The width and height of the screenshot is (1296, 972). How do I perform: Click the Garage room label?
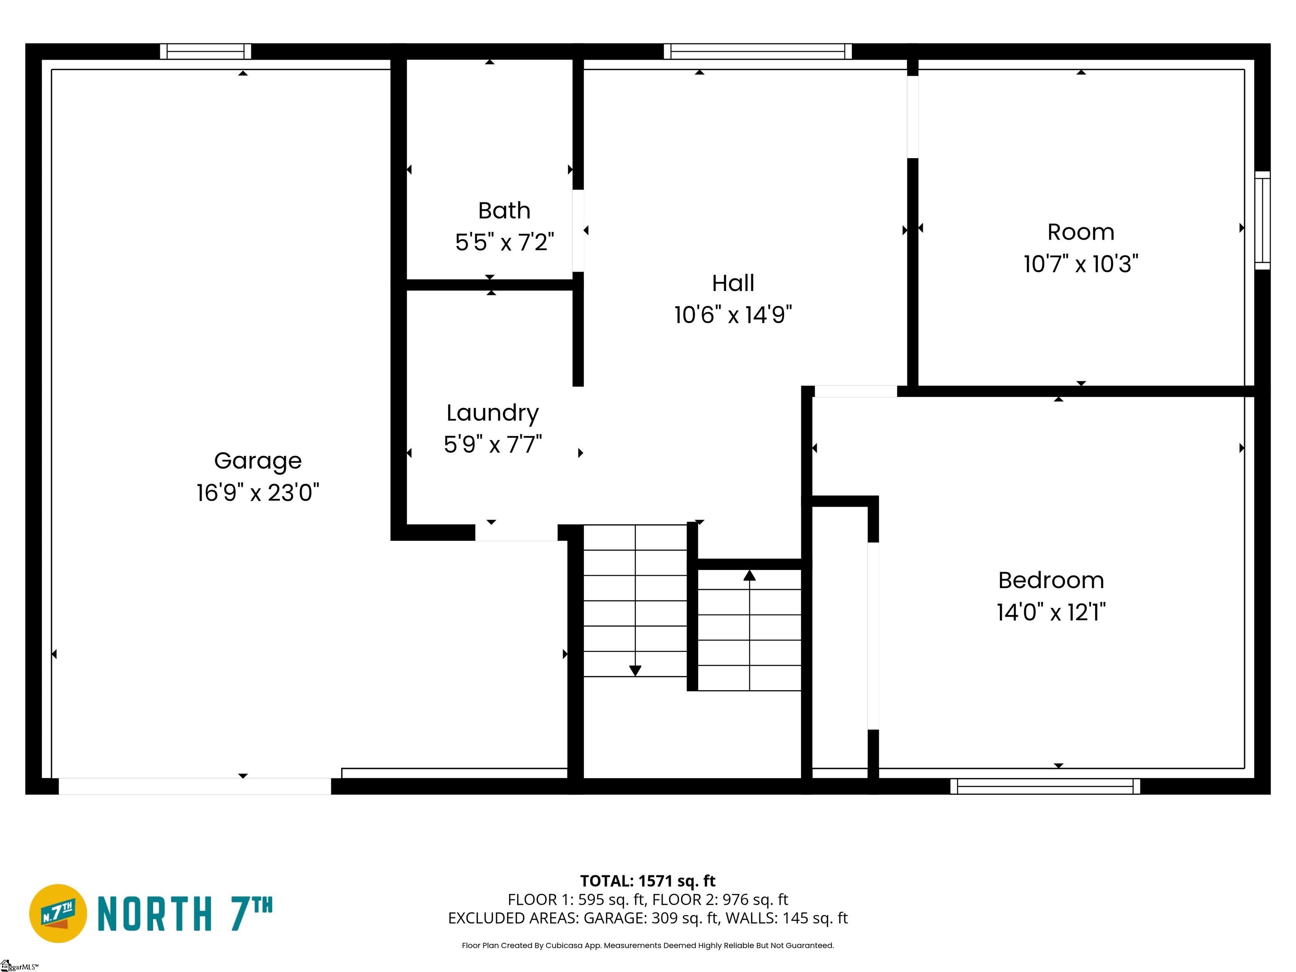click(x=258, y=461)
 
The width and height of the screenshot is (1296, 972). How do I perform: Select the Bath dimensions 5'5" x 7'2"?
click(x=505, y=242)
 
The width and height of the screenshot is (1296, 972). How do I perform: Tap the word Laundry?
click(x=492, y=413)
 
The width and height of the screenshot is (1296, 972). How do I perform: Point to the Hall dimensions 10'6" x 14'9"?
click(x=733, y=315)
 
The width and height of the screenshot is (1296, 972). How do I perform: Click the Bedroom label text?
click(x=1051, y=580)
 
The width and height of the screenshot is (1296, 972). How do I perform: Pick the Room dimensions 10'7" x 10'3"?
click(x=1081, y=264)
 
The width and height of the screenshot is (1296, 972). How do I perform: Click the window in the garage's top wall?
click(x=205, y=51)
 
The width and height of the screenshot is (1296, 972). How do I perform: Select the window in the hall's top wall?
click(x=758, y=51)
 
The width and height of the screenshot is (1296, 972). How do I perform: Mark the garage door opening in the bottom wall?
click(x=194, y=786)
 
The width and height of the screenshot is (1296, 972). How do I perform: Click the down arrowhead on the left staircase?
click(x=635, y=671)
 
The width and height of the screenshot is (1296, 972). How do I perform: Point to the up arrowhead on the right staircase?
click(x=749, y=575)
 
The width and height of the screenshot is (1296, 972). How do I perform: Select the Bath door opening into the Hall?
click(x=578, y=230)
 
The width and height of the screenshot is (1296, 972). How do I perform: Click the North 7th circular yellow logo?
click(x=58, y=913)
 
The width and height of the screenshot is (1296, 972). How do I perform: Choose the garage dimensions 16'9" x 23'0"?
click(x=258, y=493)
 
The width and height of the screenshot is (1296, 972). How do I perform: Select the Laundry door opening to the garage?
click(x=516, y=532)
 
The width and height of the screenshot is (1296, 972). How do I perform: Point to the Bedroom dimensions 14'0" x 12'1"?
click(x=1051, y=612)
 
